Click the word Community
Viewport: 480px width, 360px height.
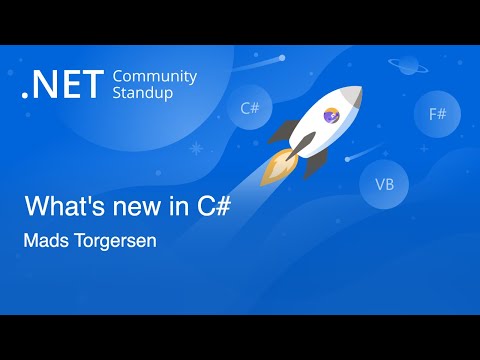point(155,77)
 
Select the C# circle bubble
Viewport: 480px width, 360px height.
point(250,109)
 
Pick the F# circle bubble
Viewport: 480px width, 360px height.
point(437,114)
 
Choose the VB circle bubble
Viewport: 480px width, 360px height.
point(384,184)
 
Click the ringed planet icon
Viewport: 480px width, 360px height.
point(409,65)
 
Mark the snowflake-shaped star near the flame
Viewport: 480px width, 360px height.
point(196,150)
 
